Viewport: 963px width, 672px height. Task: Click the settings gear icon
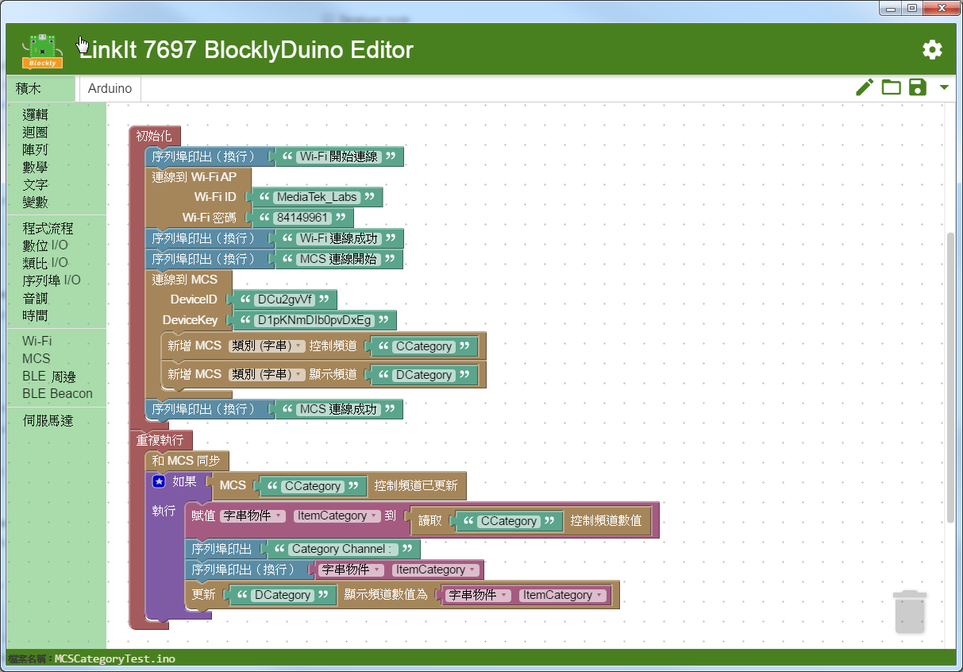pos(932,50)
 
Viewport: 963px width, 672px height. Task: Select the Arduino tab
pos(110,88)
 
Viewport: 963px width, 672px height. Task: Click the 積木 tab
pos(29,88)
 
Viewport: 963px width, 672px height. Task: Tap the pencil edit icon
pos(865,87)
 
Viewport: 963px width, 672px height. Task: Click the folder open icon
pos(892,87)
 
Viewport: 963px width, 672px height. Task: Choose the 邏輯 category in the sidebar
pos(36,114)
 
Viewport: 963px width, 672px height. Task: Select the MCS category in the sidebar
pos(37,358)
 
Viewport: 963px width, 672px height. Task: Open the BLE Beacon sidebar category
pos(57,393)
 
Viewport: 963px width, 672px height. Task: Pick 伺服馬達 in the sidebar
pos(48,420)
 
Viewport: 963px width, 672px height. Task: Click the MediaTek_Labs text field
pos(317,197)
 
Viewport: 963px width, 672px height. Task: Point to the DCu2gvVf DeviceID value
pos(284,299)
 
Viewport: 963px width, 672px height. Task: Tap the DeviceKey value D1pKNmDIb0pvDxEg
pos(314,320)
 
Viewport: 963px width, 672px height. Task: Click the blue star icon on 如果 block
pos(159,481)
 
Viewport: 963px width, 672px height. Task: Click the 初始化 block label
pos(154,136)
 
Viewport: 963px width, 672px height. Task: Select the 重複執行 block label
pos(160,440)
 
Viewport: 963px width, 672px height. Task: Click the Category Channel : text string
pos(341,549)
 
